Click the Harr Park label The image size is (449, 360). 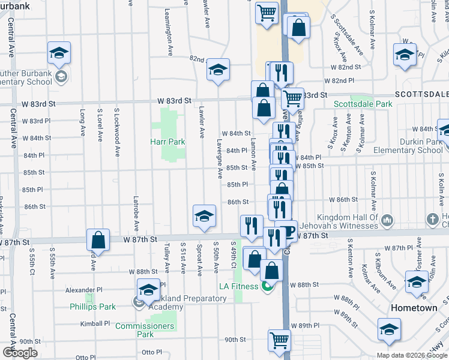(x=167, y=142)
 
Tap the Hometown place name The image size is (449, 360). (x=413, y=307)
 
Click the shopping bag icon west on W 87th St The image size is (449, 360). (x=98, y=241)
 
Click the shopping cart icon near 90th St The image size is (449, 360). (x=279, y=341)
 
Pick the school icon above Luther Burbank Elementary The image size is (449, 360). (x=59, y=53)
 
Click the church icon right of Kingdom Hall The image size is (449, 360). (x=431, y=220)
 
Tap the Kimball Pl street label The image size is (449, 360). (x=95, y=323)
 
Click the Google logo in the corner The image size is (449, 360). (x=20, y=353)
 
